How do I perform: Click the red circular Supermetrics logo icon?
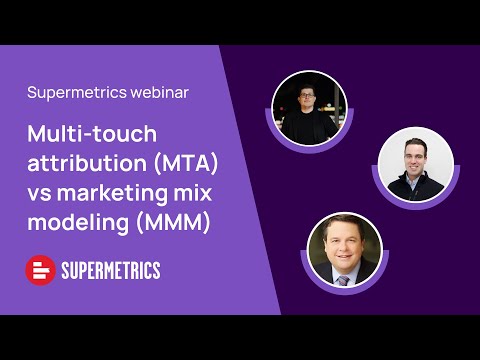[x=41, y=270]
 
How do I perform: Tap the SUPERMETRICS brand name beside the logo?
[x=112, y=270]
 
